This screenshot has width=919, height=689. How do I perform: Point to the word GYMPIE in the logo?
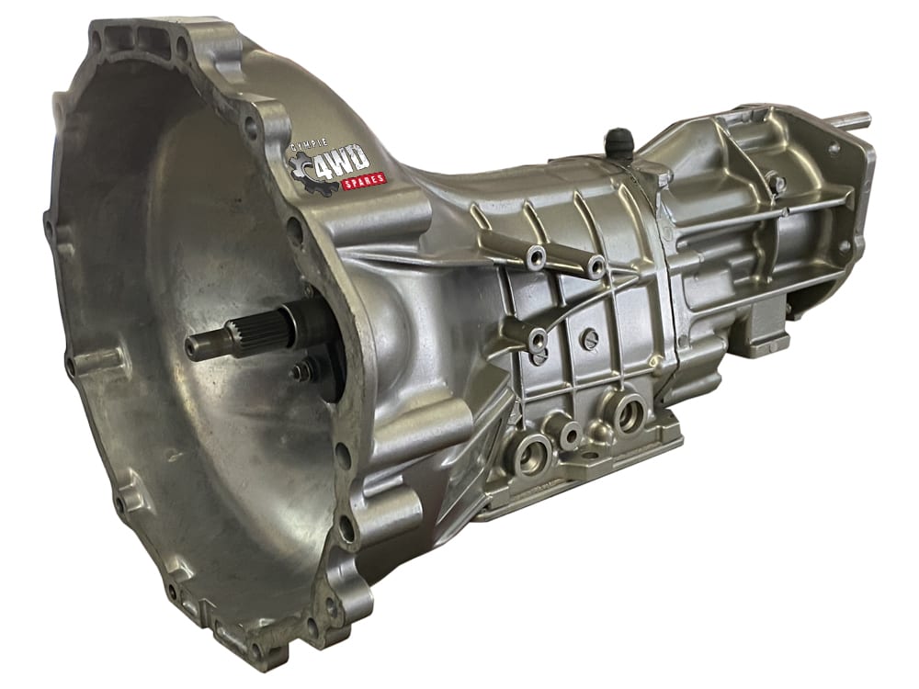click(313, 144)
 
